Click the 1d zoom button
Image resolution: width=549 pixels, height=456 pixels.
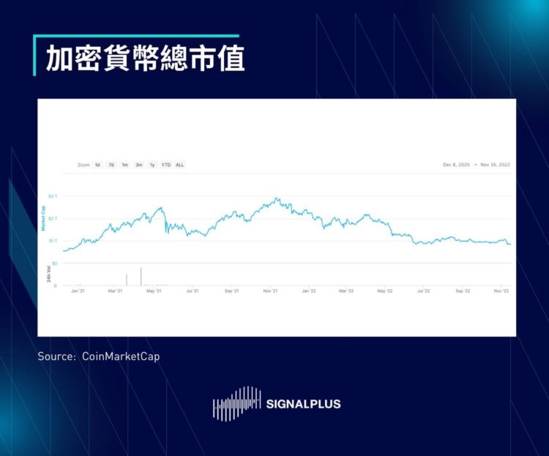(97, 165)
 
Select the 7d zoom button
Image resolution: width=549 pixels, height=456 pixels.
(111, 165)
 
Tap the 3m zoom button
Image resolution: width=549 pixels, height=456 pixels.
(138, 165)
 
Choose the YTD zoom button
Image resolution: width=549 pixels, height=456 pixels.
(166, 165)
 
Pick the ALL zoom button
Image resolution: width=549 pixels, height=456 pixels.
(180, 165)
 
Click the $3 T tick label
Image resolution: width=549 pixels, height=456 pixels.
(52, 196)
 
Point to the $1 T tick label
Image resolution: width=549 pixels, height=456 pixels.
(52, 240)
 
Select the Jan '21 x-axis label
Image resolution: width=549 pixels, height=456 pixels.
(78, 291)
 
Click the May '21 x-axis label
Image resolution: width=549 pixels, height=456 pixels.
(154, 291)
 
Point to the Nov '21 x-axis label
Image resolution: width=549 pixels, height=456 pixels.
(270, 291)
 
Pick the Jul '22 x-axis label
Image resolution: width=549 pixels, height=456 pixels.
(423, 291)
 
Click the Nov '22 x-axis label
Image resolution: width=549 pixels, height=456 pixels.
(501, 291)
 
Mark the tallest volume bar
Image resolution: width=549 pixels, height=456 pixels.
(141, 276)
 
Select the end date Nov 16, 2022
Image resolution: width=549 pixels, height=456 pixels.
(496, 165)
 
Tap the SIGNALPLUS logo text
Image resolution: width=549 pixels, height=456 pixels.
(304, 403)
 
